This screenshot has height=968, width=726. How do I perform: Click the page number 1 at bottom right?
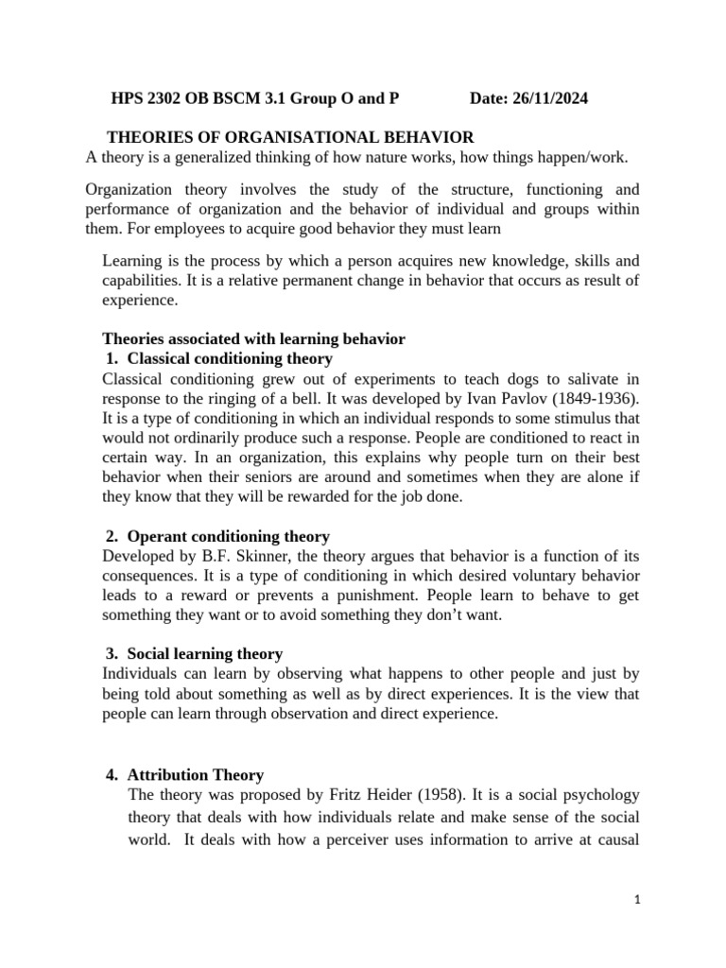click(x=639, y=900)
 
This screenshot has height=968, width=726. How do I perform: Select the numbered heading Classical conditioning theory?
click(x=229, y=358)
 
